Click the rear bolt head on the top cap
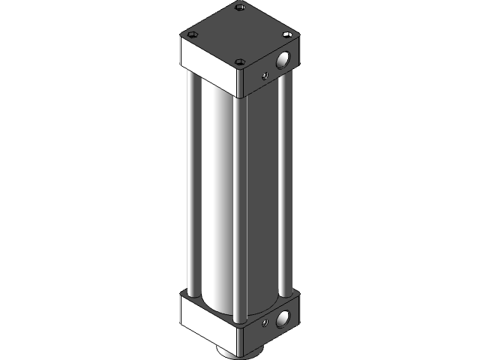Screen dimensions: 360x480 click(240, 7)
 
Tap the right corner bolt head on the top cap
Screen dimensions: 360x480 click(286, 34)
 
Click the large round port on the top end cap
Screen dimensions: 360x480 click(284, 60)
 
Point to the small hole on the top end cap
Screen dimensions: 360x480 click(264, 74)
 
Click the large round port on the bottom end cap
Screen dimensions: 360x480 click(284, 319)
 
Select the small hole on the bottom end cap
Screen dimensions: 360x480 click(264, 323)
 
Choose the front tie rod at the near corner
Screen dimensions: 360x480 click(239, 210)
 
